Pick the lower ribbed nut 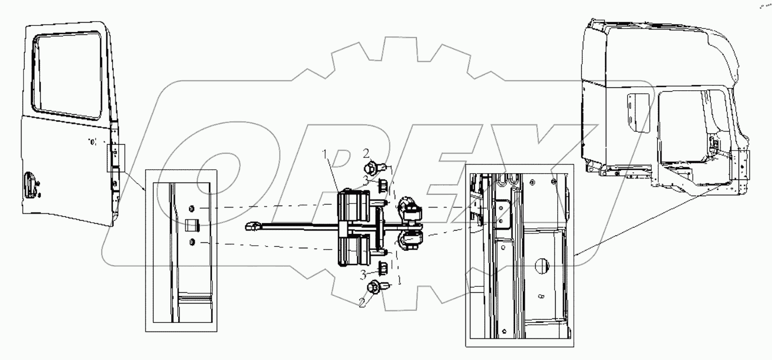tap(383, 268)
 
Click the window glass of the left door tap(69, 74)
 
